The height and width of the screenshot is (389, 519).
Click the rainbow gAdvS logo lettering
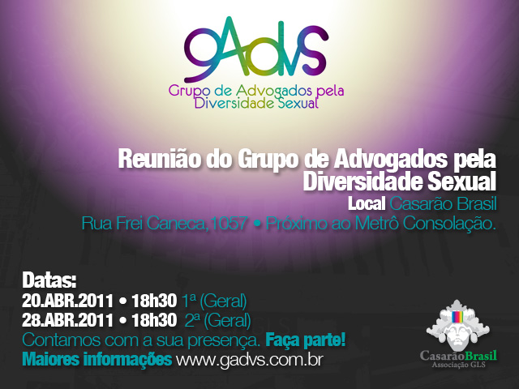[255, 49]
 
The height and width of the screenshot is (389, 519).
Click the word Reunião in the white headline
[160, 159]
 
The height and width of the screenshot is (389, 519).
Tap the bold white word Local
[367, 203]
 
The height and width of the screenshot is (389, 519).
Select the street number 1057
[229, 223]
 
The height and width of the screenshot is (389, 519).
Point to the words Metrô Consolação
[425, 224]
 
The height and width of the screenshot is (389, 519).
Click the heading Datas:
[49, 280]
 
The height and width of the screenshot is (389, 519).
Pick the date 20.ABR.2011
[68, 301]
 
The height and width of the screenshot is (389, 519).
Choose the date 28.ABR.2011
[68, 320]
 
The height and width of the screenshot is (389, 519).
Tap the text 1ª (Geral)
[214, 301]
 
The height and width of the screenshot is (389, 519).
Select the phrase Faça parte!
[306, 340]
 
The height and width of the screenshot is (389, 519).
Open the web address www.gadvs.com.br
[249, 359]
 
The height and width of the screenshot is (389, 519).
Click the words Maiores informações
[97, 360]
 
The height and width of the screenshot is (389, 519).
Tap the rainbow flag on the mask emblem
[457, 317]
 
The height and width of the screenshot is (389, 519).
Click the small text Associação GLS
[458, 365]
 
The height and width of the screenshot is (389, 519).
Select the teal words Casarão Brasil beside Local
[444, 203]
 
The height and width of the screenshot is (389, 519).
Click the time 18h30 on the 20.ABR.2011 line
[154, 301]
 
